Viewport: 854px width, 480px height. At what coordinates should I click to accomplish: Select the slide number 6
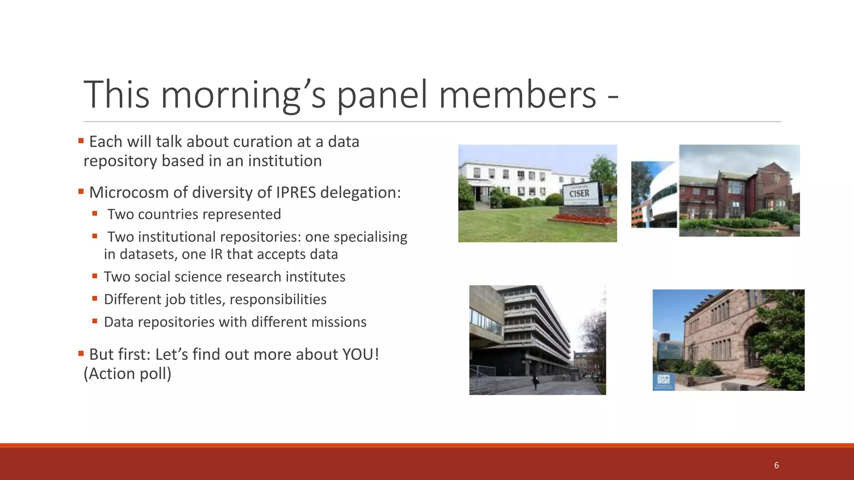776,465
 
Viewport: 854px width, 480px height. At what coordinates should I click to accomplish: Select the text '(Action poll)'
128,374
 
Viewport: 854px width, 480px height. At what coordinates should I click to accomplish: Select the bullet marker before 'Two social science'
95,276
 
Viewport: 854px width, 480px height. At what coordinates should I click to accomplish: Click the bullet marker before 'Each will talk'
81,140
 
